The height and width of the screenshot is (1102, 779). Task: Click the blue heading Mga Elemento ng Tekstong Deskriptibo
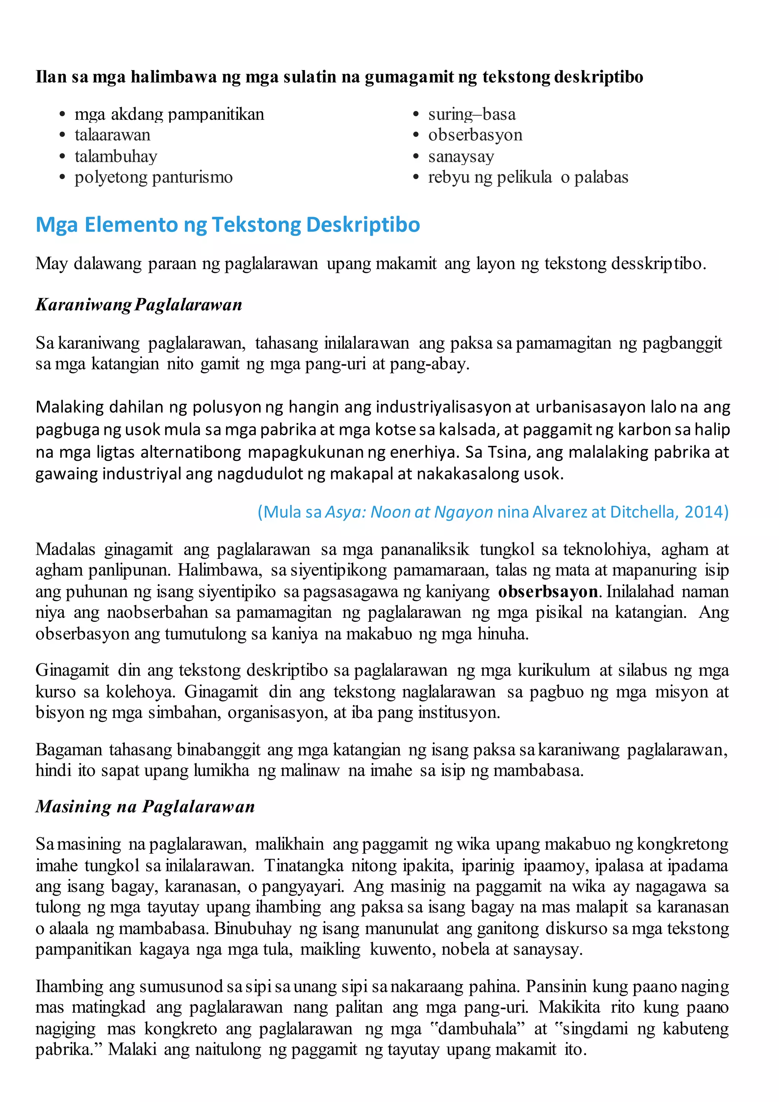click(x=227, y=225)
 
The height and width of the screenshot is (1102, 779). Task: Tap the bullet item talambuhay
click(x=116, y=156)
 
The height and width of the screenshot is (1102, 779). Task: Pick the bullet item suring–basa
click(x=472, y=114)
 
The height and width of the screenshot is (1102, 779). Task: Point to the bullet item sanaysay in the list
click(x=461, y=156)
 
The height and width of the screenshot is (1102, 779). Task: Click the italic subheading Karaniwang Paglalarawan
click(x=138, y=305)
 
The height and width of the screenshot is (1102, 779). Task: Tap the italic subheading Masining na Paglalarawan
click(x=145, y=806)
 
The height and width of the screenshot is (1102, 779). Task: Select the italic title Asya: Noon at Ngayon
click(x=409, y=512)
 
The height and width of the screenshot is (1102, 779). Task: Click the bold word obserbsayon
click(x=548, y=591)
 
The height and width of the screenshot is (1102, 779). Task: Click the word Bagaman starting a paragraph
click(x=68, y=749)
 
